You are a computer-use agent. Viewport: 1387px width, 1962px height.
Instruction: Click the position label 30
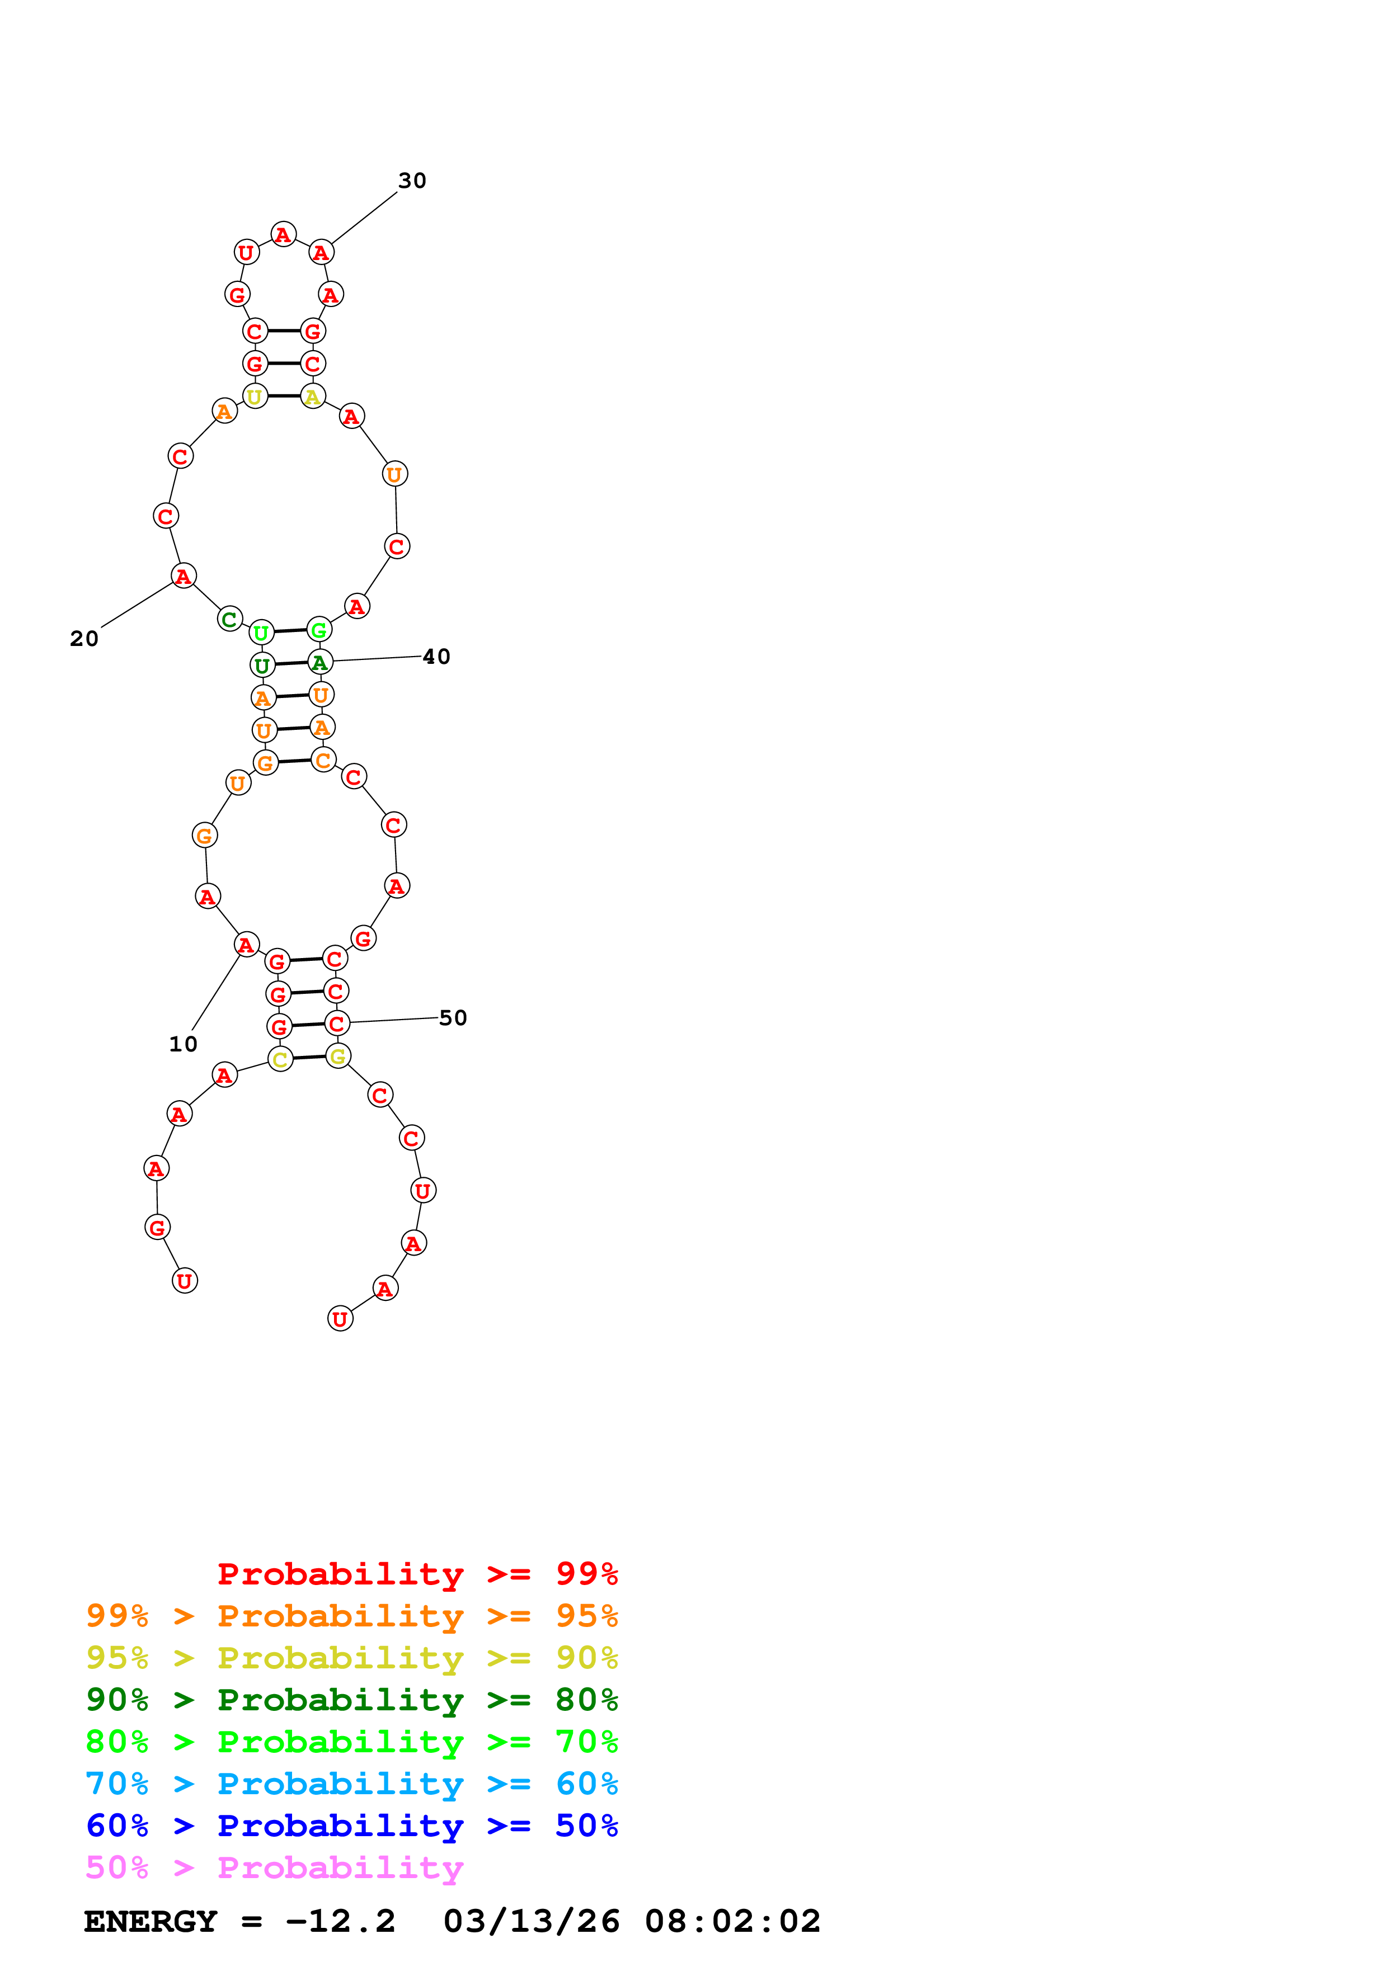coord(412,180)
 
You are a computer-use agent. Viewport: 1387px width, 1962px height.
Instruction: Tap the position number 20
coord(84,638)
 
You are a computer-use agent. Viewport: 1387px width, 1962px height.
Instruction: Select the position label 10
coord(183,1044)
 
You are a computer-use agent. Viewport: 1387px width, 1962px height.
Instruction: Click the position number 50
coord(453,1018)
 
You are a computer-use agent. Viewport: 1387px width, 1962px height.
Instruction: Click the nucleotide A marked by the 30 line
coord(321,252)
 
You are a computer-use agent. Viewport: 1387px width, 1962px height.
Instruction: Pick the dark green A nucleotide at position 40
coord(319,662)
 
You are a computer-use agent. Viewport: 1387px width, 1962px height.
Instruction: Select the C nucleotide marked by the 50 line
coord(337,1023)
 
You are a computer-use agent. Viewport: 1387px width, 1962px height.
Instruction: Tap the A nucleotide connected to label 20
coord(183,576)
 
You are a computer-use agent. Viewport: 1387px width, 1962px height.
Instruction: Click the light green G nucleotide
coord(319,630)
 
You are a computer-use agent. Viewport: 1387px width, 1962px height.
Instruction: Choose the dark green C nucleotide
coord(229,619)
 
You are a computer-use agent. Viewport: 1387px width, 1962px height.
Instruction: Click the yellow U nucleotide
coord(255,397)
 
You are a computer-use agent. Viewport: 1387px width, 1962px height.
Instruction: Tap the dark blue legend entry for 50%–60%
coord(351,1826)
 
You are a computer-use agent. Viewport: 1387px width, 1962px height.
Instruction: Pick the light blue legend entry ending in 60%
coord(351,1784)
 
